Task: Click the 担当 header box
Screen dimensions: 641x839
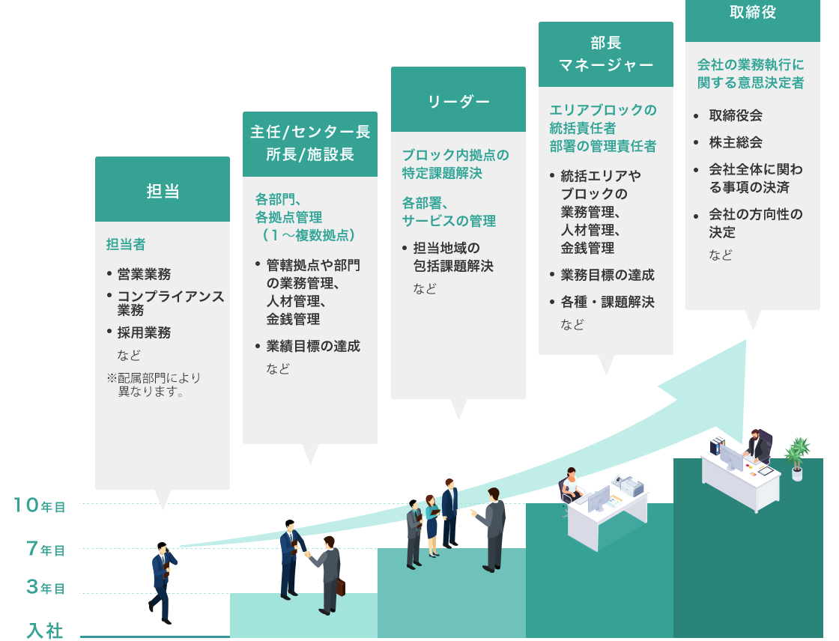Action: click(x=162, y=189)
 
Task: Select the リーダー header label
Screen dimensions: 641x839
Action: click(x=458, y=101)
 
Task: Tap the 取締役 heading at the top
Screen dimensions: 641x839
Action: click(x=752, y=12)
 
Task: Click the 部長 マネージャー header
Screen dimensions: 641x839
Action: click(x=605, y=54)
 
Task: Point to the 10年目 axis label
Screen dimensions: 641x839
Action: click(x=40, y=506)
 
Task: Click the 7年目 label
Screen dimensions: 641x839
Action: click(x=46, y=550)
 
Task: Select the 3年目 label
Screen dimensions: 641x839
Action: click(x=46, y=588)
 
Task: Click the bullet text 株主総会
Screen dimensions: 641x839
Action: click(x=736, y=142)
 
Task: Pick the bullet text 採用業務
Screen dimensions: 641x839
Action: click(x=144, y=332)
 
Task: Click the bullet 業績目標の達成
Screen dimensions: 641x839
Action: click(x=312, y=346)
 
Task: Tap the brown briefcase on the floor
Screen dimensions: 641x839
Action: click(x=341, y=586)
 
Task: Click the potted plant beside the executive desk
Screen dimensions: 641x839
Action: click(x=796, y=458)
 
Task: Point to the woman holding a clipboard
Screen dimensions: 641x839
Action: click(x=432, y=525)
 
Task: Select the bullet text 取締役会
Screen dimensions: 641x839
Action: click(x=736, y=116)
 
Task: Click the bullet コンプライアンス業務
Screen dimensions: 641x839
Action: click(x=170, y=303)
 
